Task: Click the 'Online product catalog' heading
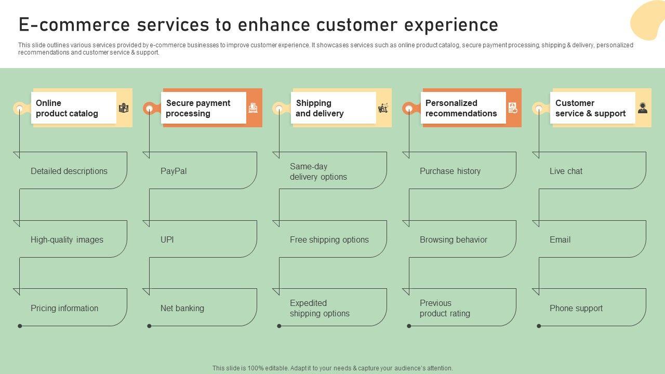point(67,108)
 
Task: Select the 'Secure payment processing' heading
point(198,108)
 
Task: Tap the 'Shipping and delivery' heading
point(320,108)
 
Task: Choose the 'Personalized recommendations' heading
point(461,108)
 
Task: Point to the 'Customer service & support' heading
point(590,108)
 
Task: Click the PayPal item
point(174,171)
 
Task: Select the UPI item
point(167,239)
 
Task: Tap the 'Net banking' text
point(182,308)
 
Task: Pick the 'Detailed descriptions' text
point(69,171)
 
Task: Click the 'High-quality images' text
point(67,239)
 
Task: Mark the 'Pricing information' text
point(64,308)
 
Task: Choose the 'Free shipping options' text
point(329,239)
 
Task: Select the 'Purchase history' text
point(450,171)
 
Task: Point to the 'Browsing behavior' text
point(454,239)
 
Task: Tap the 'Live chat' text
point(566,171)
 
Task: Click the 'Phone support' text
point(576,308)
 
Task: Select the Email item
point(560,239)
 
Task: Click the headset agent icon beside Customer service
point(643,108)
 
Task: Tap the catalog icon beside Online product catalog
point(124,108)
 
